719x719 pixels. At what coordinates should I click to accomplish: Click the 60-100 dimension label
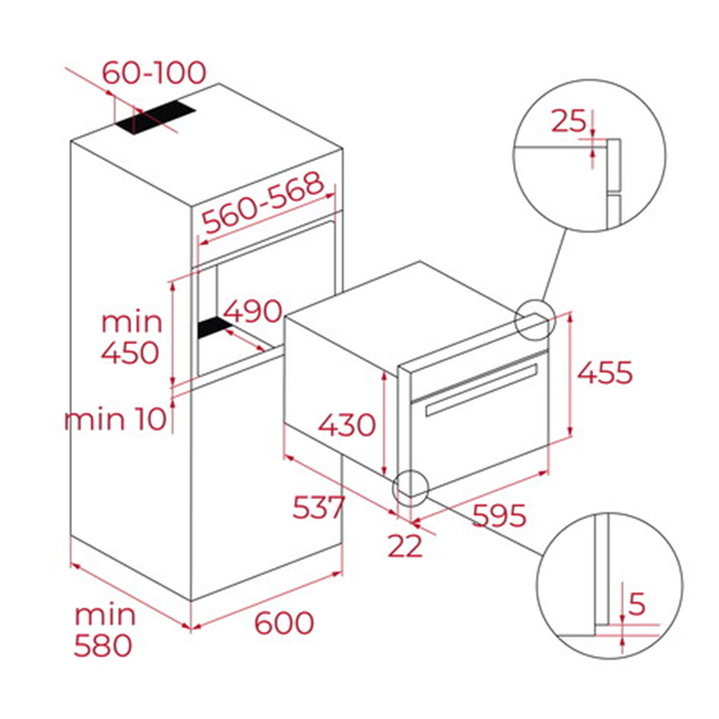pos(154,73)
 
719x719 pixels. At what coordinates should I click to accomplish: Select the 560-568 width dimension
pos(263,202)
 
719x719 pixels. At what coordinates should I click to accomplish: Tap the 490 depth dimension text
pos(253,310)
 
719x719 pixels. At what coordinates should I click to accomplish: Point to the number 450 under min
pos(130,352)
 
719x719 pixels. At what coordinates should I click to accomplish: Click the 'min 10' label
pos(115,419)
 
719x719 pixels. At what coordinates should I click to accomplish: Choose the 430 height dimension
pos(347,424)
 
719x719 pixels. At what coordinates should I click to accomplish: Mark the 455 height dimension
pos(605,372)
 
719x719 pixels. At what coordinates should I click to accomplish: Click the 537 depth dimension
pos(318,507)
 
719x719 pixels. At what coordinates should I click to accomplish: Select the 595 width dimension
pos(500,515)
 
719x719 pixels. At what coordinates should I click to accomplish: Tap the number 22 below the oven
pos(405,546)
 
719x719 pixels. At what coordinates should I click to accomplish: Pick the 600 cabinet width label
pos(284,622)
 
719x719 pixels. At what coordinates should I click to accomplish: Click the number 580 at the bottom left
pos(103,645)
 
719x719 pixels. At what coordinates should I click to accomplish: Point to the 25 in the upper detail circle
pos(569,121)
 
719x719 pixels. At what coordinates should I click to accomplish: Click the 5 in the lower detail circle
pos(637,603)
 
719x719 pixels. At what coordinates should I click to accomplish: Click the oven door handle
pos(482,390)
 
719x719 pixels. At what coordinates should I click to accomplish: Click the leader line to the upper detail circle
pos(554,266)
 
